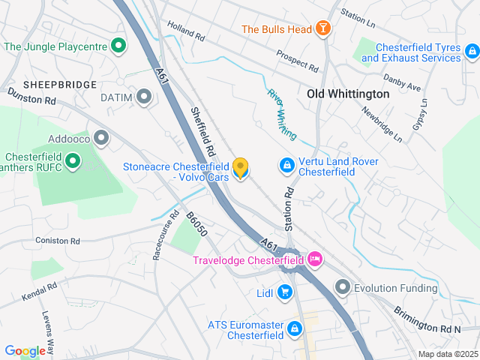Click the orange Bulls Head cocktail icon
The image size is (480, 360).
(322, 29)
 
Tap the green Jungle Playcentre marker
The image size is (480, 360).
(118, 46)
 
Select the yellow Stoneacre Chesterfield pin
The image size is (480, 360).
(241, 168)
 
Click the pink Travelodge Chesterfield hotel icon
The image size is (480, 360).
(315, 260)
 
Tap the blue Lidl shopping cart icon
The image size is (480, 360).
(284, 292)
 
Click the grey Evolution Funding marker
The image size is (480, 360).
(343, 286)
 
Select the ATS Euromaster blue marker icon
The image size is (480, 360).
(295, 328)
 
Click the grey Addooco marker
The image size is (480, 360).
(101, 138)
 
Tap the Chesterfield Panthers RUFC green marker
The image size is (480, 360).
(73, 160)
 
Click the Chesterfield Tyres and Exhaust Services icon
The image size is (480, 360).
(471, 52)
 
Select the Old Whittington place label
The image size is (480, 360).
(349, 94)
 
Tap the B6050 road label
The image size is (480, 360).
(196, 224)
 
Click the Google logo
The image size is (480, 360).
(24, 350)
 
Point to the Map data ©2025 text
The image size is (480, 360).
(447, 354)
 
